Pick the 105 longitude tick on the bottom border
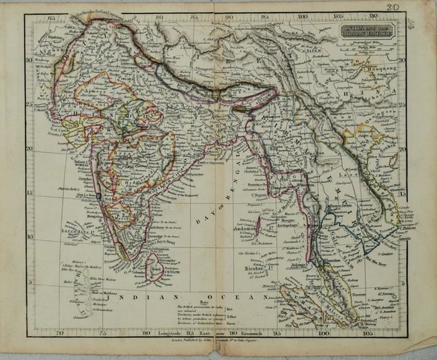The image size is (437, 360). point(366,331)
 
